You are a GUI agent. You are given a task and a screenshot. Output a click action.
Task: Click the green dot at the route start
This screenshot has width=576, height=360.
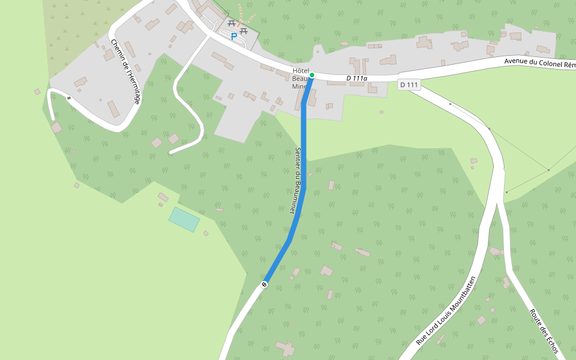[312, 75]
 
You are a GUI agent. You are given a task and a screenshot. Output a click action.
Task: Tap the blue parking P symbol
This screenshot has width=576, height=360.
[234, 36]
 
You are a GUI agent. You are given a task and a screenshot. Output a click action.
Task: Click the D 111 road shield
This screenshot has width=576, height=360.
[409, 85]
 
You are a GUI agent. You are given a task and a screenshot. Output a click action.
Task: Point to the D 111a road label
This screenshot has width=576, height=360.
[356, 78]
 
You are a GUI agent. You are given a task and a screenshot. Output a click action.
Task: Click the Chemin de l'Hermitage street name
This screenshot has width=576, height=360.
[125, 71]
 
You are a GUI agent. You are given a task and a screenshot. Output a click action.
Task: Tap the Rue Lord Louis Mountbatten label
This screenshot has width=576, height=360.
[446, 311]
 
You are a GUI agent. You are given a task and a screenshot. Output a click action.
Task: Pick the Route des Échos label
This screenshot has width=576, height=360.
[544, 331]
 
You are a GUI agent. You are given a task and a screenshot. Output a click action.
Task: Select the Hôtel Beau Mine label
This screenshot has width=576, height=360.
[300, 78]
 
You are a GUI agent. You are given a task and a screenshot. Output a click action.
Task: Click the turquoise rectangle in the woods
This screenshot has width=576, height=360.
[184, 219]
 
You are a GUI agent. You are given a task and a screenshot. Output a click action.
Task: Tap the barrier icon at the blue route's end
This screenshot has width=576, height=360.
[264, 283]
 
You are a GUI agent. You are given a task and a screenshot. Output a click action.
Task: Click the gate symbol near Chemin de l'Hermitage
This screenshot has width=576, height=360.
[70, 98]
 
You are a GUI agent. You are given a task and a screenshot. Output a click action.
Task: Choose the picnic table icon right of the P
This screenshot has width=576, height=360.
[244, 30]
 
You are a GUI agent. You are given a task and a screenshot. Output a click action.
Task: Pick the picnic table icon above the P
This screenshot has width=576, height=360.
[231, 24]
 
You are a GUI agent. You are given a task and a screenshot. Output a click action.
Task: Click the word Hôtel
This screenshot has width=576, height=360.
[300, 70]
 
